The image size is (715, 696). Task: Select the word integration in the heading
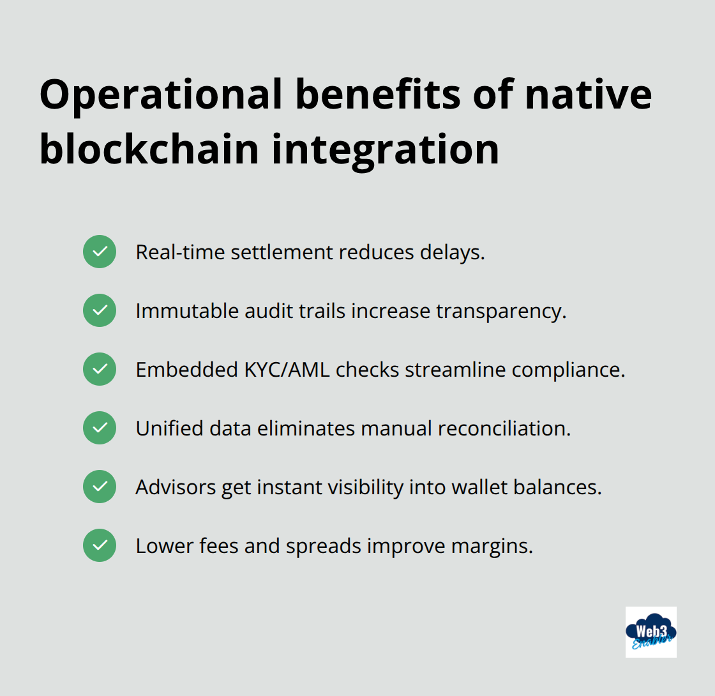[x=386, y=149]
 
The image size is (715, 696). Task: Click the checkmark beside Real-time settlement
[x=100, y=252]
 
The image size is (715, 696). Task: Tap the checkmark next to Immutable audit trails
[x=100, y=310]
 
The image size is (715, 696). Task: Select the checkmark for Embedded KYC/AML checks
[x=100, y=369]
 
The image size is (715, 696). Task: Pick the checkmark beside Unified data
[x=100, y=428]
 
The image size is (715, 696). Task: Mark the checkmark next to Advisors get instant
[x=100, y=487]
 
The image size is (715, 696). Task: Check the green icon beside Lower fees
[x=100, y=545]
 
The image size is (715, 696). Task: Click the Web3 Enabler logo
[x=651, y=632]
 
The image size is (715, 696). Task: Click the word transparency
[x=501, y=311]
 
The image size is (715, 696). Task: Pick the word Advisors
[x=176, y=487]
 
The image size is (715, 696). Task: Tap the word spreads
[x=323, y=547]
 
